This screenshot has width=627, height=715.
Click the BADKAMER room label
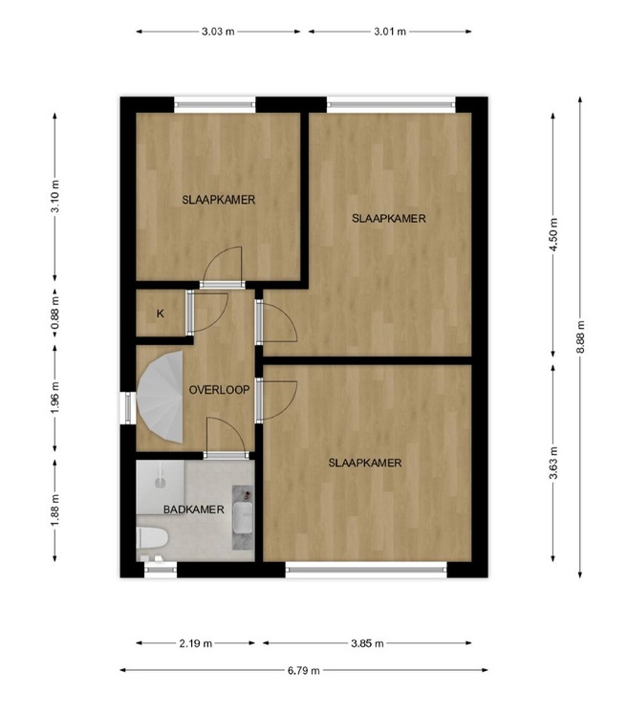[194, 509]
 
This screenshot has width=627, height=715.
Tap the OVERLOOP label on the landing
[219, 390]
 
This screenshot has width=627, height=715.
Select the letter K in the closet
[160, 314]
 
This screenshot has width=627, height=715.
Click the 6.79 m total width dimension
[304, 670]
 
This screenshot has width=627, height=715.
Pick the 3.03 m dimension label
[218, 32]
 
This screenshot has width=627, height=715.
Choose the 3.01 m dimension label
[390, 32]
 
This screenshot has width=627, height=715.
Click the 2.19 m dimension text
[196, 643]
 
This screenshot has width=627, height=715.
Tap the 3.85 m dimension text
[368, 643]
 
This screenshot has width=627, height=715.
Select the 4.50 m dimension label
[553, 235]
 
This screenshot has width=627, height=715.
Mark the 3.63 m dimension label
[553, 464]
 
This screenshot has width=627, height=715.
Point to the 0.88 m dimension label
[55, 313]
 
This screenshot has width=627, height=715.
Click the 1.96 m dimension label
[55, 398]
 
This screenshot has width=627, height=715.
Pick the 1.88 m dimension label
[55, 509]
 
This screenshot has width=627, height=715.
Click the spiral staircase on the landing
[160, 397]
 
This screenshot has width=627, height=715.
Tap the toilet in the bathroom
[152, 538]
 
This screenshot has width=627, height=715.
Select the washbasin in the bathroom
[243, 517]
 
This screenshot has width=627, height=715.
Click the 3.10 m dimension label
[55, 197]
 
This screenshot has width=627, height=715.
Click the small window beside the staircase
[128, 407]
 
